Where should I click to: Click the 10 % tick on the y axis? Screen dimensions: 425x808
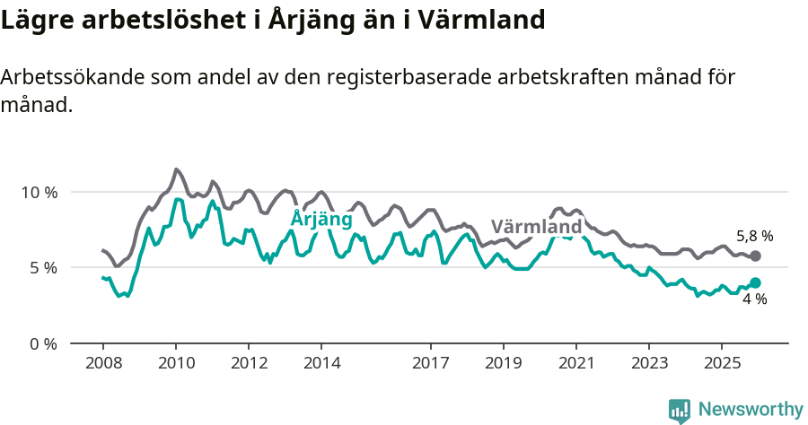(39, 192)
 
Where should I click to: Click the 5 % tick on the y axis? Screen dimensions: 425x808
(42, 267)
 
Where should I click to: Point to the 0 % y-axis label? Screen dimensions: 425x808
(42, 343)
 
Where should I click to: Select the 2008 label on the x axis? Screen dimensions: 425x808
(103, 363)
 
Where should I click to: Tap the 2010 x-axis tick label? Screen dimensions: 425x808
(176, 363)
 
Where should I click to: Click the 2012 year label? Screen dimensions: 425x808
(249, 363)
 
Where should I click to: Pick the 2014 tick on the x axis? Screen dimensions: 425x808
(321, 363)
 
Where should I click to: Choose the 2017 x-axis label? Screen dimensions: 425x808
(430, 363)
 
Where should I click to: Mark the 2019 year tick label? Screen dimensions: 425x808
(503, 363)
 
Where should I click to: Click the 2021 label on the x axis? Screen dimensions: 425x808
(575, 363)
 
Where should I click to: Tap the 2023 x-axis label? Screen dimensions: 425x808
(648, 363)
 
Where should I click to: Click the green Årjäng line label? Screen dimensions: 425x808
(321, 219)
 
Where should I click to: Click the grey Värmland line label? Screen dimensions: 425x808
(537, 226)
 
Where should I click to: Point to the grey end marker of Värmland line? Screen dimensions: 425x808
(755, 256)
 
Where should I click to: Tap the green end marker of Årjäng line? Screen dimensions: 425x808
(755, 282)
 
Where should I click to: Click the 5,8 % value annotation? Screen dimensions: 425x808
(754, 237)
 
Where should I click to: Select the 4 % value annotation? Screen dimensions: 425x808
(754, 299)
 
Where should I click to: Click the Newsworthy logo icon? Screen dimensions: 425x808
(680, 410)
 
